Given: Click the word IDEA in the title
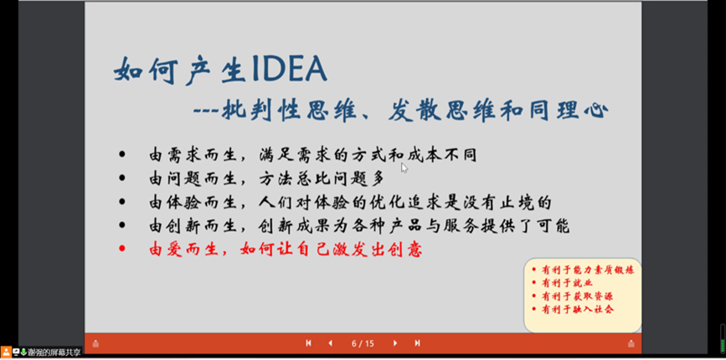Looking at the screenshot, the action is coord(289,71).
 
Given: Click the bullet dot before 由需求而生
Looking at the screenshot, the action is coord(121,155).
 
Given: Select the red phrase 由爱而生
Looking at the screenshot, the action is coord(181,249).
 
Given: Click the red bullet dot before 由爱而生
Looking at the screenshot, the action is coord(121,249).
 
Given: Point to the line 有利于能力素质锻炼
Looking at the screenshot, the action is coord(588,270).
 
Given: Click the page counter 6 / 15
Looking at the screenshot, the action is coord(363,343).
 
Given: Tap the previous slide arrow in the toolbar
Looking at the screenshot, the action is coord(330,343).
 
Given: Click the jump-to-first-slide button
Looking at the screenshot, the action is coord(308,343).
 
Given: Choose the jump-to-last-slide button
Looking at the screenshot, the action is coord(417,343).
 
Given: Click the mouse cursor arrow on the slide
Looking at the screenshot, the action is coord(404,168).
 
